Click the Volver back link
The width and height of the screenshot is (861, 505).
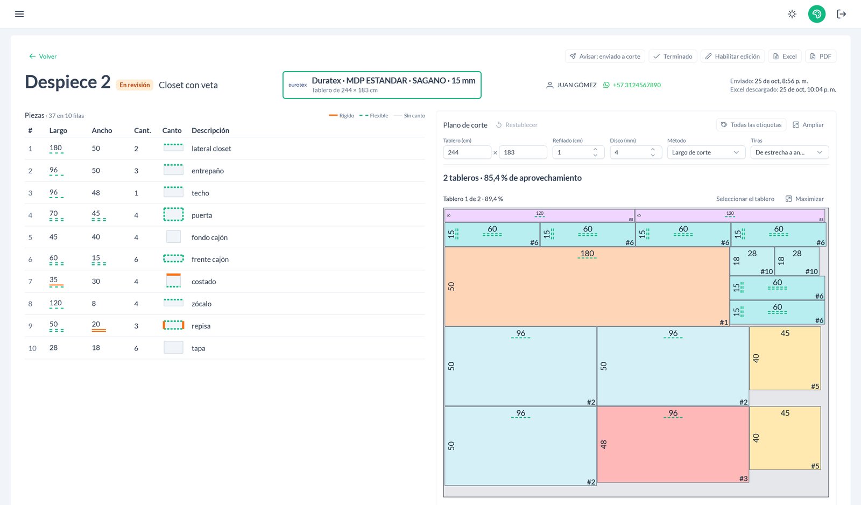[43, 56]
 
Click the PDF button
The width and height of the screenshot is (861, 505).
[821, 56]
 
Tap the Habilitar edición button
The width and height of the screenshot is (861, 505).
[732, 56]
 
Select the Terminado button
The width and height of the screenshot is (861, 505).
[673, 56]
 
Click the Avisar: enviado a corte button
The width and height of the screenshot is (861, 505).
[605, 56]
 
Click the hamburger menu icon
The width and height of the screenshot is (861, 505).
[19, 14]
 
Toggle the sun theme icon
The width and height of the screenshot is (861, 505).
[792, 14]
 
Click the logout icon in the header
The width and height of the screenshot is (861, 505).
[842, 14]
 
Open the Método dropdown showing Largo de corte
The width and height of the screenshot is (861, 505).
[705, 152]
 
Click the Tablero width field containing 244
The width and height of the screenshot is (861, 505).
[467, 152]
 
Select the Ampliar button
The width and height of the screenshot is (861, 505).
[808, 124]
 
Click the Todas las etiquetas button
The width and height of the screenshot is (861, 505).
[751, 124]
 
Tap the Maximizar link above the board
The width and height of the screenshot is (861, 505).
[804, 199]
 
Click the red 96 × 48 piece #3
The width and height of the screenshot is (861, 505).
[673, 444]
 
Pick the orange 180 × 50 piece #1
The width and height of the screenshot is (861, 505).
[587, 286]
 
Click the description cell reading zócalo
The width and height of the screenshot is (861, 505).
[201, 304]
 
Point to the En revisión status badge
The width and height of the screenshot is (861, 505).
[135, 85]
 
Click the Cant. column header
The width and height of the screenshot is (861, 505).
[142, 130]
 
